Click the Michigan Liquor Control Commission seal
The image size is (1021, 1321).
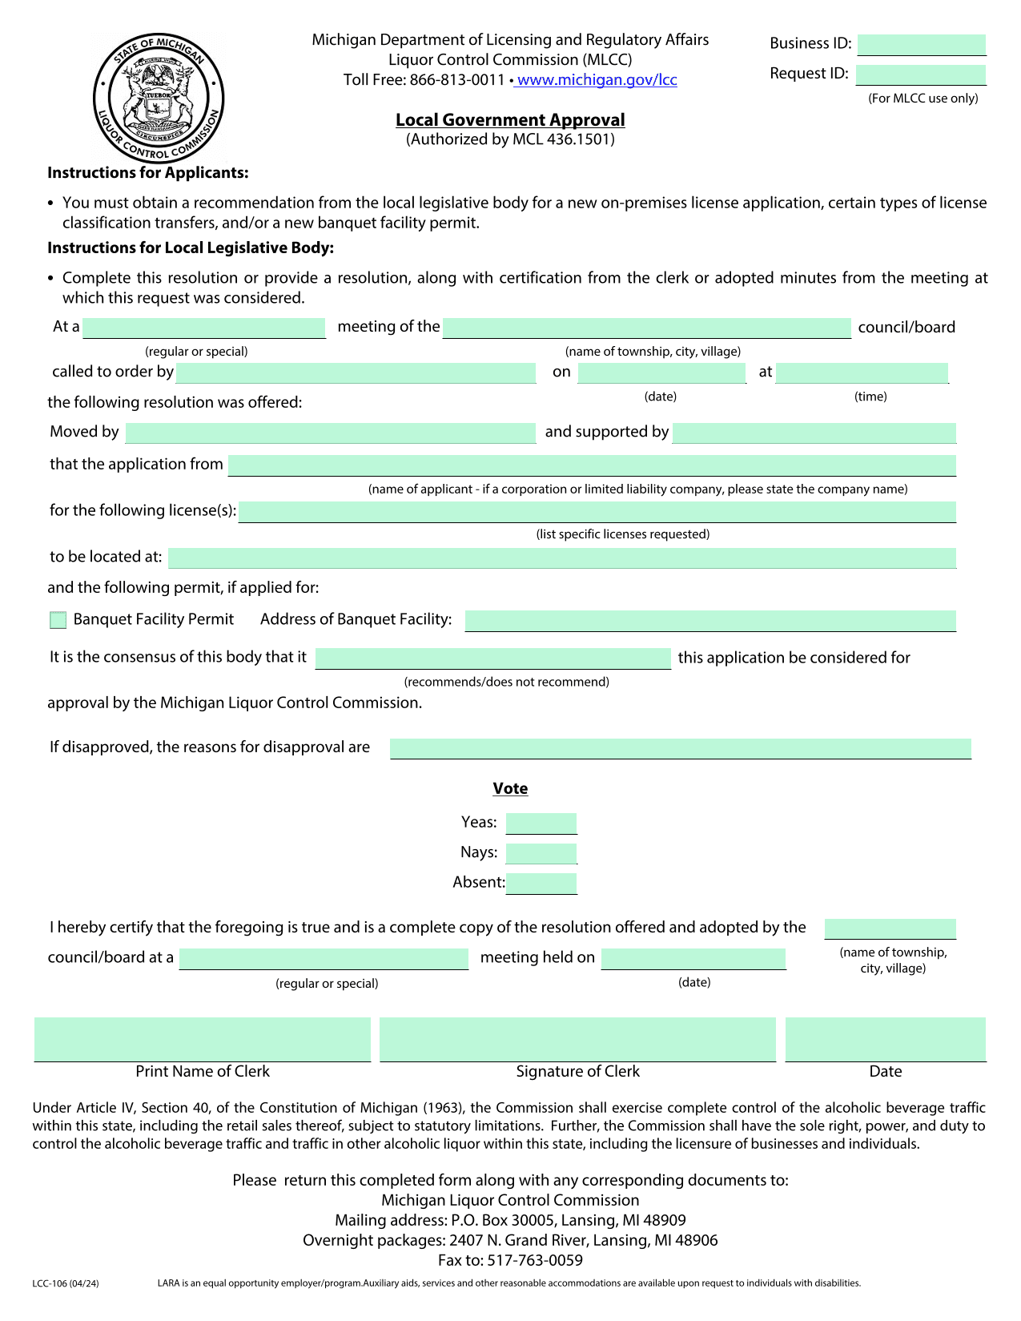tap(159, 99)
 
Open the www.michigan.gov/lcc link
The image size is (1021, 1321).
tap(597, 80)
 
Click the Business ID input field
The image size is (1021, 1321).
tap(921, 44)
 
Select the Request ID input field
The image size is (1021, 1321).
tap(921, 75)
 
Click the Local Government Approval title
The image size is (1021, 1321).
tap(510, 120)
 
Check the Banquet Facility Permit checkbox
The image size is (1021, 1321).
tap(58, 620)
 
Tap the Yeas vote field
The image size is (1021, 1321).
tap(541, 823)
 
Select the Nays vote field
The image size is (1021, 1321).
tap(541, 853)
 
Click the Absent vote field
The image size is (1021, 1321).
tap(541, 883)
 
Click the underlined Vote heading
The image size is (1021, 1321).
tap(510, 789)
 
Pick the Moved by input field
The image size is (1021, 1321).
tap(330, 433)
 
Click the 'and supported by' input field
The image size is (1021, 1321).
tap(814, 433)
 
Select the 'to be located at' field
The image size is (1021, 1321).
tap(562, 558)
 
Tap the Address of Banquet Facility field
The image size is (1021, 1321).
tap(710, 620)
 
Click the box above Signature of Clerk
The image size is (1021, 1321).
tap(577, 1039)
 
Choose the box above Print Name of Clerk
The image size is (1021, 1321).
tap(203, 1039)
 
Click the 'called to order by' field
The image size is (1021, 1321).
tap(356, 373)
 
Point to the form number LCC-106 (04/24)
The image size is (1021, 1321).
tap(66, 1283)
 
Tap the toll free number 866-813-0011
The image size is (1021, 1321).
tap(457, 80)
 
